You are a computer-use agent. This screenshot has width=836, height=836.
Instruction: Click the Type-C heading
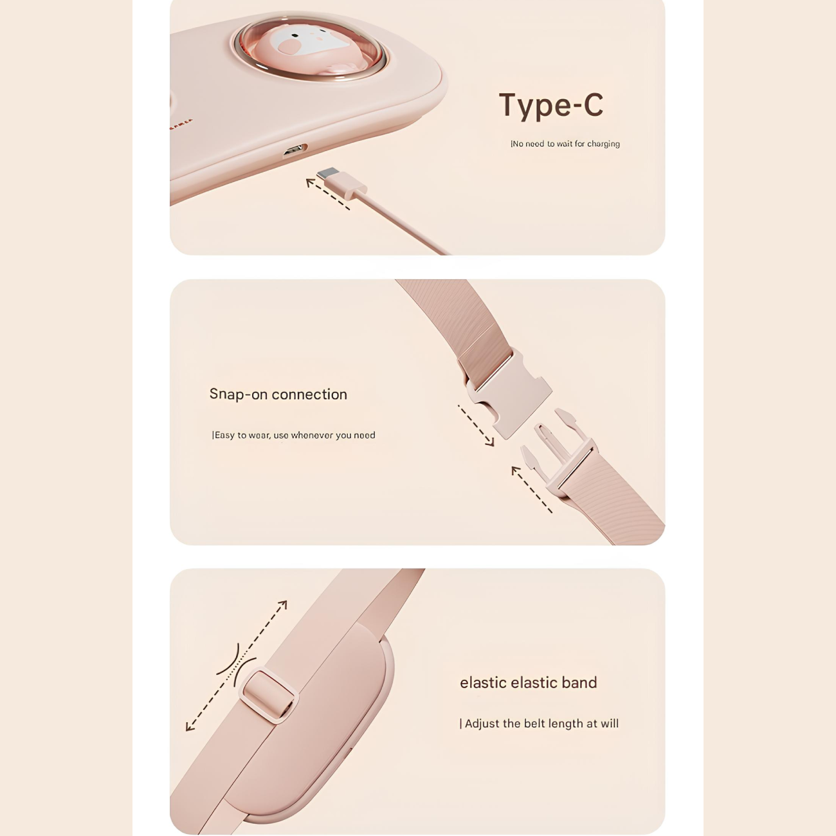point(551,105)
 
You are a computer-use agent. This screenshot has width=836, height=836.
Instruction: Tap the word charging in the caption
point(603,144)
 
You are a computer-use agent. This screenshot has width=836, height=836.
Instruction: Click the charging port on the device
point(295,150)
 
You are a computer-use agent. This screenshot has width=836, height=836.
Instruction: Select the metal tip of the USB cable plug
point(327,173)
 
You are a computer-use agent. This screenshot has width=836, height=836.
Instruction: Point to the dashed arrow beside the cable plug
point(327,194)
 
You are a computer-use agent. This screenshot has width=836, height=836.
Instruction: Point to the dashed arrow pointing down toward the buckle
point(476,426)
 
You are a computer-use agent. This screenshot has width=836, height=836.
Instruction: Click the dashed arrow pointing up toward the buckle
point(532,489)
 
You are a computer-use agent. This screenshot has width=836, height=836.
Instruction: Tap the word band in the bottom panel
point(579,682)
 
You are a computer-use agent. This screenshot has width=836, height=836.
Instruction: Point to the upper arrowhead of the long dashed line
point(282,605)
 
